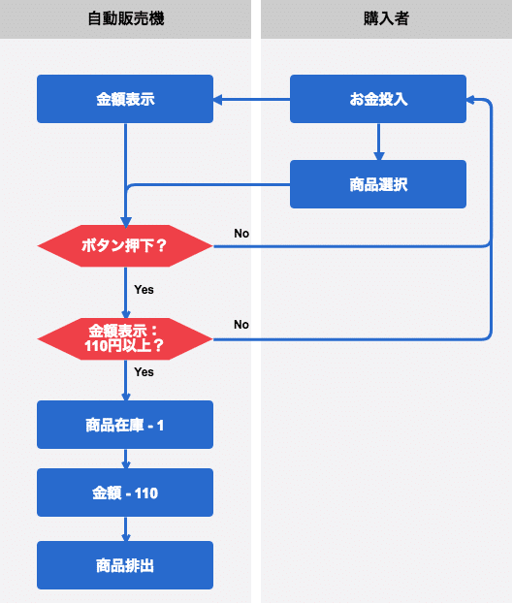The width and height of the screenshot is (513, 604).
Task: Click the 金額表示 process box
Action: (125, 99)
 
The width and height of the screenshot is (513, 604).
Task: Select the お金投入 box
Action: (378, 99)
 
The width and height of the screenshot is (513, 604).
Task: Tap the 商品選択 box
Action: (378, 184)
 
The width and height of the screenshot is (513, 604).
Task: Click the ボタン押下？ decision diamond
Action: (125, 246)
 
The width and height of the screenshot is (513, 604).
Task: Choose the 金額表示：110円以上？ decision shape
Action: (125, 337)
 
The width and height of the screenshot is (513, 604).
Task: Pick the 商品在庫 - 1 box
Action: (125, 425)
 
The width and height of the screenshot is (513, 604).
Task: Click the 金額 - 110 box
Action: (125, 493)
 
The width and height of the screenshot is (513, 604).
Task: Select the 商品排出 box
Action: (125, 565)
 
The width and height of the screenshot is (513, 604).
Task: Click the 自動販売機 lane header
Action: (125, 19)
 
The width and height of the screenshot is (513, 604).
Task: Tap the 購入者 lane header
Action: (381, 19)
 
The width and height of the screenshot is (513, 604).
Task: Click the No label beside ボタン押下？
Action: (241, 234)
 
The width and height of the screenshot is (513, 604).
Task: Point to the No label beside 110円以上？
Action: (241, 324)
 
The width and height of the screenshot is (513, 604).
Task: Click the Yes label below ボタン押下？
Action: (144, 289)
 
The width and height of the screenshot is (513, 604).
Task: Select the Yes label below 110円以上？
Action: (144, 371)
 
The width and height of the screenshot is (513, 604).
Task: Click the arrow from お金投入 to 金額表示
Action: (252, 99)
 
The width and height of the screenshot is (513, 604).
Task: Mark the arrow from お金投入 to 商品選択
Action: (378, 142)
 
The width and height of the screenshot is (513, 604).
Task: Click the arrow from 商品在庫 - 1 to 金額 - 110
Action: (125, 459)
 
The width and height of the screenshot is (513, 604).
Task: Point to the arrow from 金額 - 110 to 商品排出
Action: (125, 528)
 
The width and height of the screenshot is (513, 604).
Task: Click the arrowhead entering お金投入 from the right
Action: (472, 99)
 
